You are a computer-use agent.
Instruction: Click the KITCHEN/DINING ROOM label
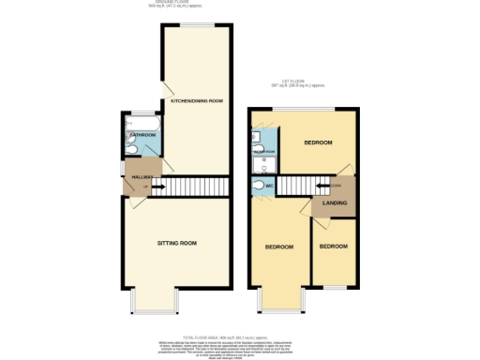click(196, 101)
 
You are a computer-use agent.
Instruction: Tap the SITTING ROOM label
click(175, 243)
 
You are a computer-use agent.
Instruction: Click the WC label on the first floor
click(270, 186)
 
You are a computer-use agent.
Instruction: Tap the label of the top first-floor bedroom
click(318, 142)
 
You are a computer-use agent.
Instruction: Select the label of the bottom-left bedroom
click(279, 247)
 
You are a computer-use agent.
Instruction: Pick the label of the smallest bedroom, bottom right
click(333, 247)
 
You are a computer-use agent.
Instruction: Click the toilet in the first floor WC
click(258, 186)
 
